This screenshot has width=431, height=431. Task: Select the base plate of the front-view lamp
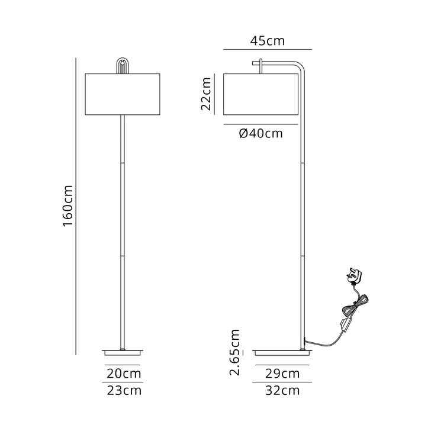(123, 352)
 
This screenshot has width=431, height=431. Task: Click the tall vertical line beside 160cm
(77, 206)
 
